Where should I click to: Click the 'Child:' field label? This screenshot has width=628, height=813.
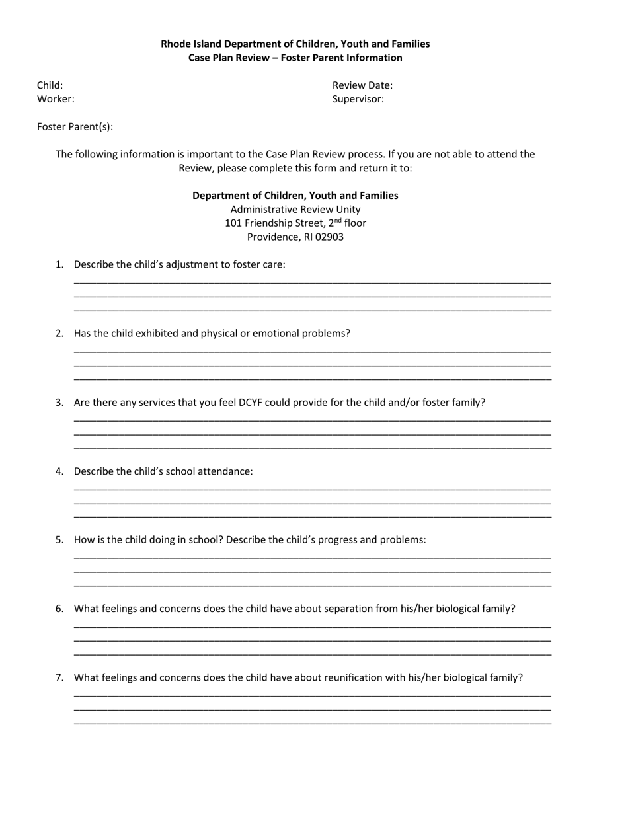[50, 85]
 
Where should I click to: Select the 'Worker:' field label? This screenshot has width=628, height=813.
[56, 99]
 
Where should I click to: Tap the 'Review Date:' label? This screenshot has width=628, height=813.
[362, 85]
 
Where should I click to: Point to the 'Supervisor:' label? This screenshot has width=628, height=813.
[358, 99]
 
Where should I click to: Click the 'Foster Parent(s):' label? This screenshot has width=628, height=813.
[75, 126]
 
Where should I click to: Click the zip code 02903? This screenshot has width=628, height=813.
[329, 237]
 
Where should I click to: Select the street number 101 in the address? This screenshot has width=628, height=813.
[233, 223]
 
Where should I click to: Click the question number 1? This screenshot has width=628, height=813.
[59, 264]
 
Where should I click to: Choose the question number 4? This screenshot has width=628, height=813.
[59, 471]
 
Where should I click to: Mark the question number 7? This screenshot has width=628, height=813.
[59, 677]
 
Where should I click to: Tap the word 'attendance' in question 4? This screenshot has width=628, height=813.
[227, 471]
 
